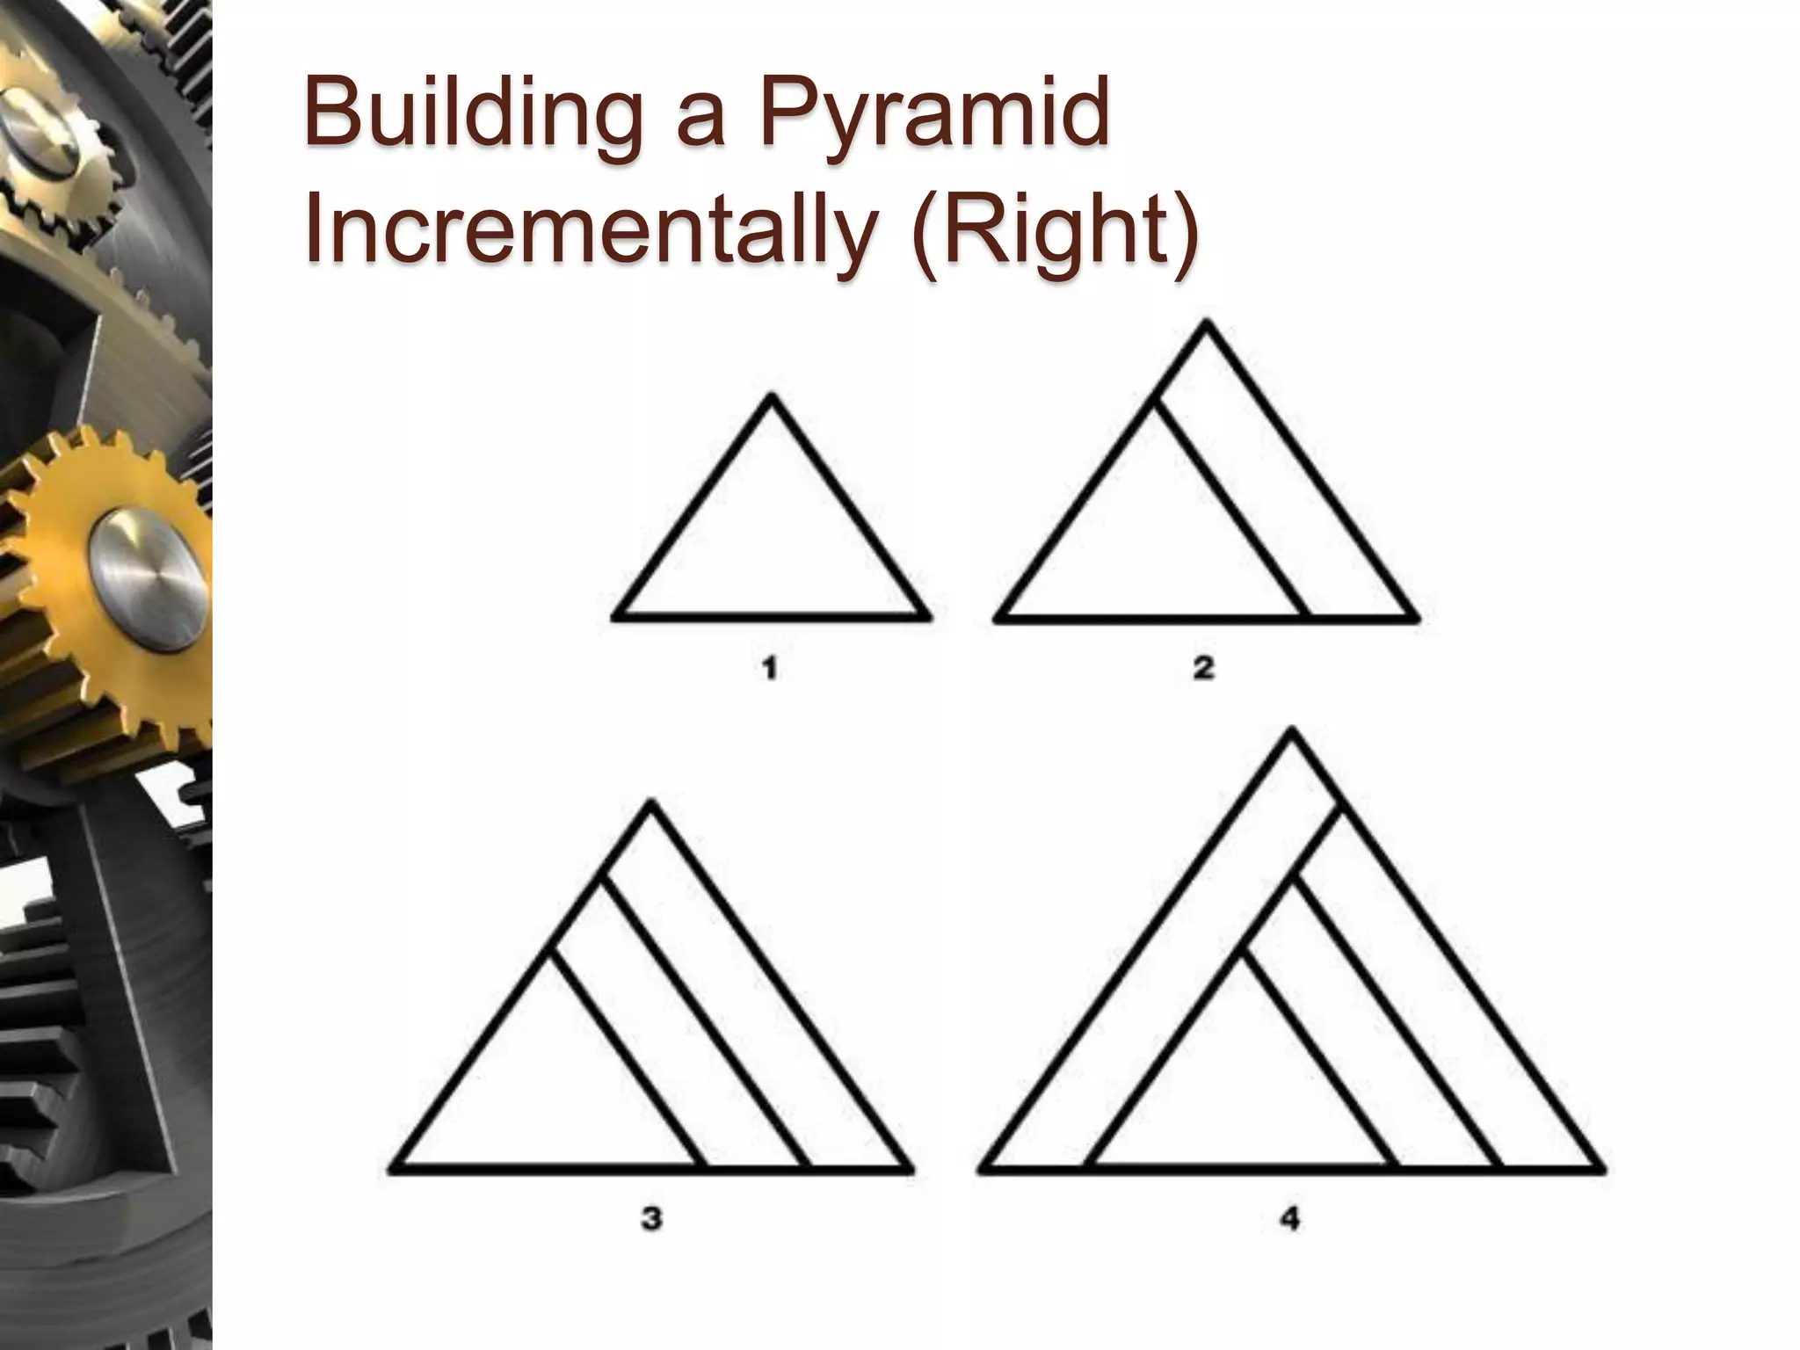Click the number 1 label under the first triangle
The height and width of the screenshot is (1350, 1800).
tap(770, 670)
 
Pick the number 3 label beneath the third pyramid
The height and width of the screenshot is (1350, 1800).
tap(651, 1219)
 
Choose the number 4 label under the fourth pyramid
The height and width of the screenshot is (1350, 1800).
tap(1289, 1219)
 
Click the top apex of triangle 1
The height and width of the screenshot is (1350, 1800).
tap(772, 397)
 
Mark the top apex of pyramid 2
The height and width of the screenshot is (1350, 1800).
tap(1207, 322)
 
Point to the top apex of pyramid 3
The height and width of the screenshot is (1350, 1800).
tap(650, 802)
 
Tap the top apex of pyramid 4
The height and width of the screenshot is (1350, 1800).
tap(1291, 730)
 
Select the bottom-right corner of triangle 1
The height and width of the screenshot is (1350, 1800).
tap(927, 617)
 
